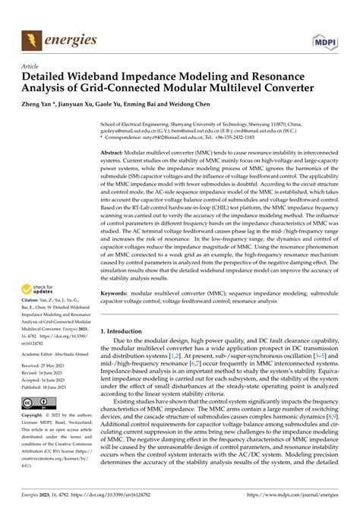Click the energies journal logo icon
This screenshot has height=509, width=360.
click(31, 37)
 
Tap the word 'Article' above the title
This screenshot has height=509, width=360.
click(30, 67)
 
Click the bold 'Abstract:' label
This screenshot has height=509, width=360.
click(116, 153)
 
